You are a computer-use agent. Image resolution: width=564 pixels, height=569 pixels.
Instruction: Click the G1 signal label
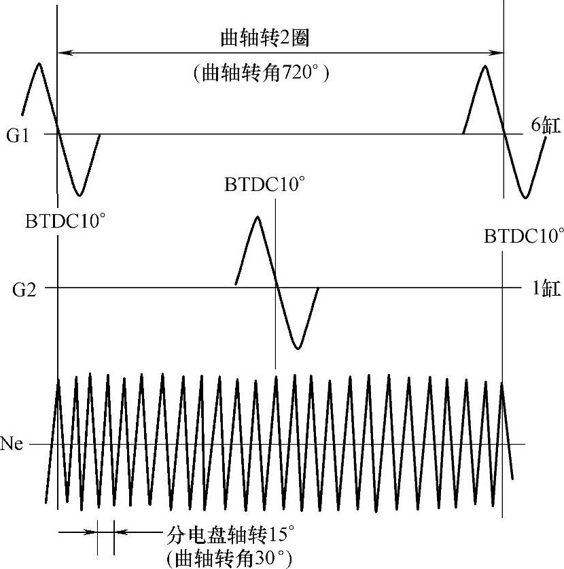coord(18,135)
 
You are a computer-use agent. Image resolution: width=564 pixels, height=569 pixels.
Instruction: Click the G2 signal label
coord(18,288)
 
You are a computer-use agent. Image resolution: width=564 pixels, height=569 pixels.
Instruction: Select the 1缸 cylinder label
coord(546,288)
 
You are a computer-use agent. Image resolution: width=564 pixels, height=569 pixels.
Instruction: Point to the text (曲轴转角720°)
coord(262,72)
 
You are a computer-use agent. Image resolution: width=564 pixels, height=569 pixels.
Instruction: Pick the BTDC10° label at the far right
coord(524,236)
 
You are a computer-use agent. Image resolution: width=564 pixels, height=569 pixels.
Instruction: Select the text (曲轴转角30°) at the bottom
coord(229,557)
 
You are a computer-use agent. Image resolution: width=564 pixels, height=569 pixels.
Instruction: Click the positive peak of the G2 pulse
coord(257,217)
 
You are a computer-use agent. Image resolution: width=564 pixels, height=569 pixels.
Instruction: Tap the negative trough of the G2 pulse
coord(297,349)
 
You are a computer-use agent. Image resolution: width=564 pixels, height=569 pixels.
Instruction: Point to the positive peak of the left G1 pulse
coord(39,64)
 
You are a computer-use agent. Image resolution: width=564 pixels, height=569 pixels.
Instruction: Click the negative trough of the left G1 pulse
coord(80,195)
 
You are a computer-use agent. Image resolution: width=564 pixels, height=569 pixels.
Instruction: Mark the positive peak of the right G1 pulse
coord(484,66)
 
